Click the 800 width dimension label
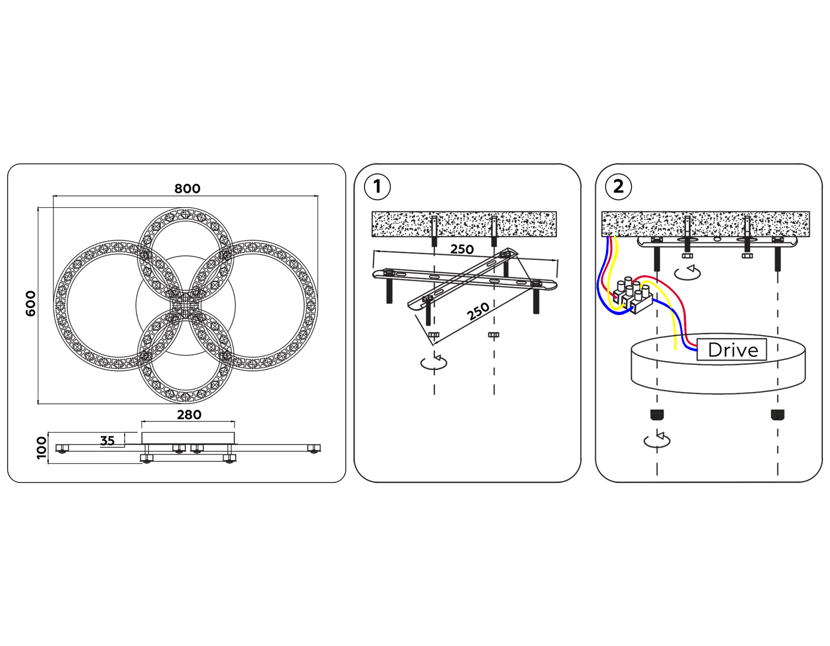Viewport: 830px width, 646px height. (187, 188)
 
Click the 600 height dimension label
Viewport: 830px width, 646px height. (30, 304)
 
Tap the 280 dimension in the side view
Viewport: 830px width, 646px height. (189, 415)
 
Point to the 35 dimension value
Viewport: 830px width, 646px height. (107, 441)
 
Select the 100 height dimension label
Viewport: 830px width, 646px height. (41, 448)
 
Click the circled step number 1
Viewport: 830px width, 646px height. (377, 187)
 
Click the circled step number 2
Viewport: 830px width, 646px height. (618, 187)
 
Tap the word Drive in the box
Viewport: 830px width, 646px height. (733, 350)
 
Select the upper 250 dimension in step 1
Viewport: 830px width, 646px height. (462, 250)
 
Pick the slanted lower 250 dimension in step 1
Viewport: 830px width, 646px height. (478, 311)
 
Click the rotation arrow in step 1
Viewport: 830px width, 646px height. (434, 362)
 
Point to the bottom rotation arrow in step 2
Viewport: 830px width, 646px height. (657, 440)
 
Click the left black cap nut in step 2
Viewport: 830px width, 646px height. (657, 414)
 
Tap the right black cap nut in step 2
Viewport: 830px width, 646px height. (777, 414)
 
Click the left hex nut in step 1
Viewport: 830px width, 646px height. (434, 335)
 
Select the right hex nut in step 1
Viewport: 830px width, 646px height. (493, 335)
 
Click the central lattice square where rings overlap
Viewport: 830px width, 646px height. (186, 305)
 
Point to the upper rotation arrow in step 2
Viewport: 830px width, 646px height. (688, 272)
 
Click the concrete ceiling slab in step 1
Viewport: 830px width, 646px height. (464, 224)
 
